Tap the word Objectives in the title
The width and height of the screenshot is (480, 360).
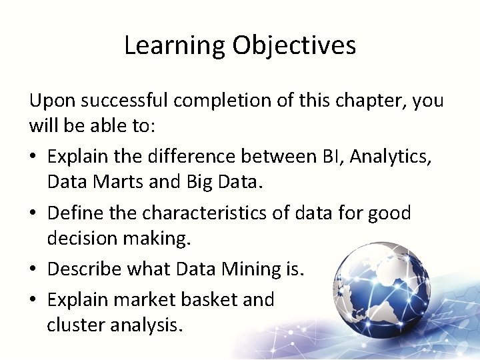[x=294, y=46]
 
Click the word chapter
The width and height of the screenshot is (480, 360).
[x=371, y=101]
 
